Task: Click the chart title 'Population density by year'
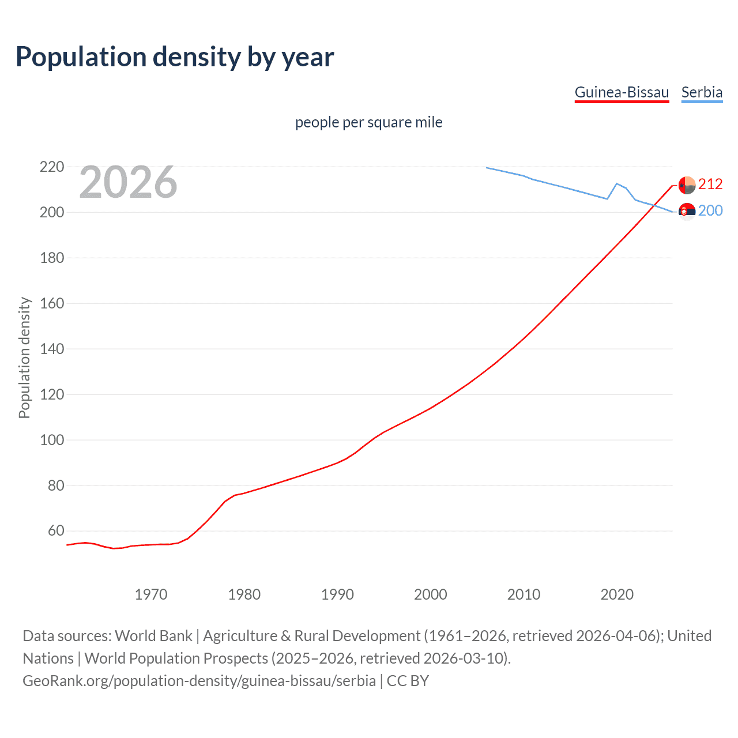pos(175,57)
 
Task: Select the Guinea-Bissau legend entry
pos(622,92)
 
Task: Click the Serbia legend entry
pos(702,92)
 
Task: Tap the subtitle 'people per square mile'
pos(368,122)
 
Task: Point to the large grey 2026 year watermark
pos(128,182)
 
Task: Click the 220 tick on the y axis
pos(52,167)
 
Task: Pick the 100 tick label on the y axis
pos(52,440)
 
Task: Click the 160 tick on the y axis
pos(52,303)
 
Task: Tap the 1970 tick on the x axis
pos(151,594)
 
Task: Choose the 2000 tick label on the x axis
pos(431,594)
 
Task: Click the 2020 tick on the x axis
pos(617,594)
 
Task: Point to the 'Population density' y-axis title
pos(24,357)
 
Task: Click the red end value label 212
pos(710,184)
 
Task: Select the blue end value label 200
pos(710,210)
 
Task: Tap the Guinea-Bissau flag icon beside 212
pos(687,185)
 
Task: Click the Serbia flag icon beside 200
pos(687,212)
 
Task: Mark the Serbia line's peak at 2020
pos(617,183)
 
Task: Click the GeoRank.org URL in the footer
pos(199,681)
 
